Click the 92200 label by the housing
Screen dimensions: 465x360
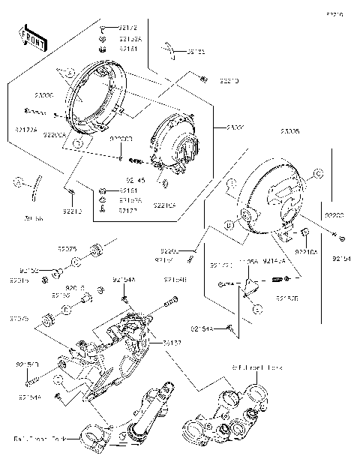pos(334,214)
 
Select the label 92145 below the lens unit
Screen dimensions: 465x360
pos(135,180)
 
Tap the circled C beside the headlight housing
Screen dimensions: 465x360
pos(317,173)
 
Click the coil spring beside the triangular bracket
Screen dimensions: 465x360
pos(277,280)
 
